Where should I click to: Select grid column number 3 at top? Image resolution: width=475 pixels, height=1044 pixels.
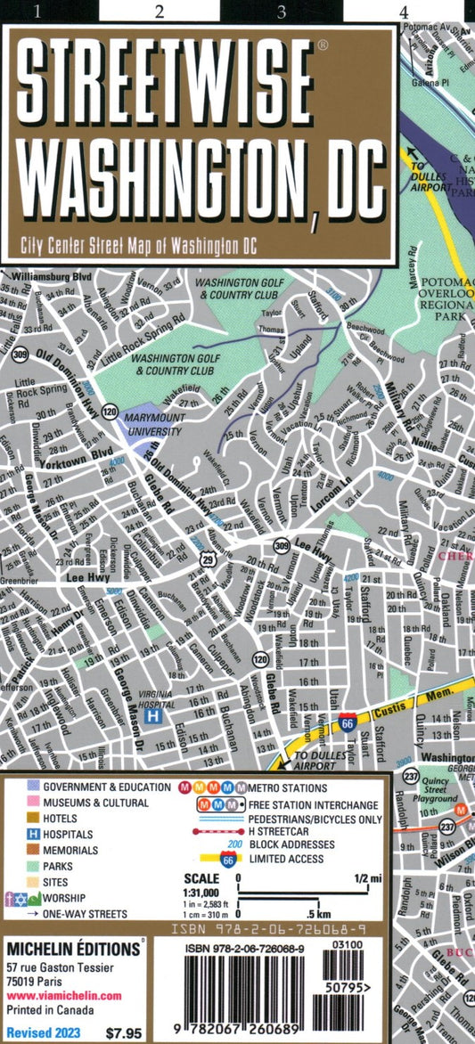click(282, 12)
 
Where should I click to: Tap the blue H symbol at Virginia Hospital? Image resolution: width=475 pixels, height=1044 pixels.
click(152, 715)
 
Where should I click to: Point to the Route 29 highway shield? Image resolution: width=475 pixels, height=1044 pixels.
click(208, 559)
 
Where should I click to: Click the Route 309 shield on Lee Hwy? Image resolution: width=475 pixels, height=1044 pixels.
click(281, 546)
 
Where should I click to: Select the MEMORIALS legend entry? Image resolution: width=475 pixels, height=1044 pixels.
click(70, 851)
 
